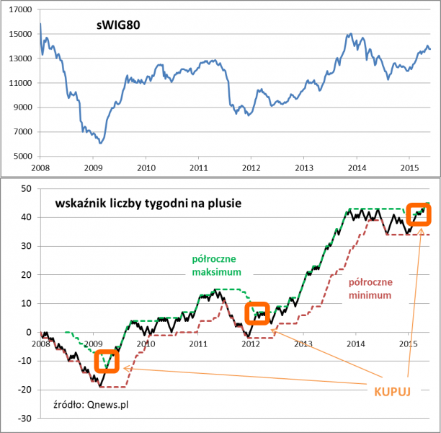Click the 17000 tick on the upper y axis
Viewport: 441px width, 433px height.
click(x=21, y=9)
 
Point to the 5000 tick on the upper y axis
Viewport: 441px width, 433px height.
click(x=23, y=157)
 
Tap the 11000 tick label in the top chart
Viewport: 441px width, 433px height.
click(x=21, y=83)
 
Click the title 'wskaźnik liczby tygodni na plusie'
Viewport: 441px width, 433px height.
click(x=148, y=204)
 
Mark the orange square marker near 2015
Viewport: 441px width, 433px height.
click(x=418, y=214)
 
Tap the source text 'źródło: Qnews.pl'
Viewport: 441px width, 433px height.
click(x=91, y=404)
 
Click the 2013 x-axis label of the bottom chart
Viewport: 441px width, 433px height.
click(x=303, y=343)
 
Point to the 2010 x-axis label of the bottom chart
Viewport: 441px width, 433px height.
click(x=146, y=343)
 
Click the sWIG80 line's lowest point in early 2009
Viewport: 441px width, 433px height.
click(x=100, y=144)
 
